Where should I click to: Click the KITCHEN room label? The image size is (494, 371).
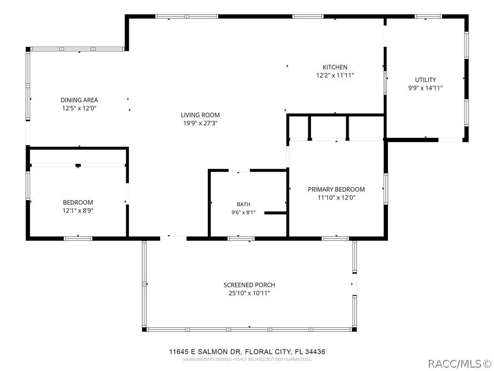tap(335, 67)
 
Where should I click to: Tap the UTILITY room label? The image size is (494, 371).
tap(425, 80)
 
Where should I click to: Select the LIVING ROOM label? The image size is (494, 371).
tap(200, 115)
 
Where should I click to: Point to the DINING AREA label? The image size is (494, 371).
tap(79, 100)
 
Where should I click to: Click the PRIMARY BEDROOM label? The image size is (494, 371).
tap(336, 189)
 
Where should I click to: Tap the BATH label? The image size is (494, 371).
tap(244, 204)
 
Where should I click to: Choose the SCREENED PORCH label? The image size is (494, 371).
tap(249, 285)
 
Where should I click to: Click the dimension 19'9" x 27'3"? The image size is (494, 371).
tap(200, 123)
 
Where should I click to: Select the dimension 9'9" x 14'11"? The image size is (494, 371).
tap(425, 88)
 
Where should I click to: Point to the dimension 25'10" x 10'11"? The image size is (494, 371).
tap(249, 293)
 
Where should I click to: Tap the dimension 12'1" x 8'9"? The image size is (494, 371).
tap(78, 211)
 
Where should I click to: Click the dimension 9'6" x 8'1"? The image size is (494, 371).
tap(244, 213)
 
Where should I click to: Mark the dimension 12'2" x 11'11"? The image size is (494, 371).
tap(335, 75)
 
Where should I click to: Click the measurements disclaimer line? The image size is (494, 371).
tap(247, 359)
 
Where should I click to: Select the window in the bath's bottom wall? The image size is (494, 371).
tap(241, 239)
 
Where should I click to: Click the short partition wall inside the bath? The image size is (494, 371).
tap(275, 213)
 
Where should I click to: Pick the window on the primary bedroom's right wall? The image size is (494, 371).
tap(385, 189)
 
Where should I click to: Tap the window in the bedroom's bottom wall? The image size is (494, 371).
tap(78, 239)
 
